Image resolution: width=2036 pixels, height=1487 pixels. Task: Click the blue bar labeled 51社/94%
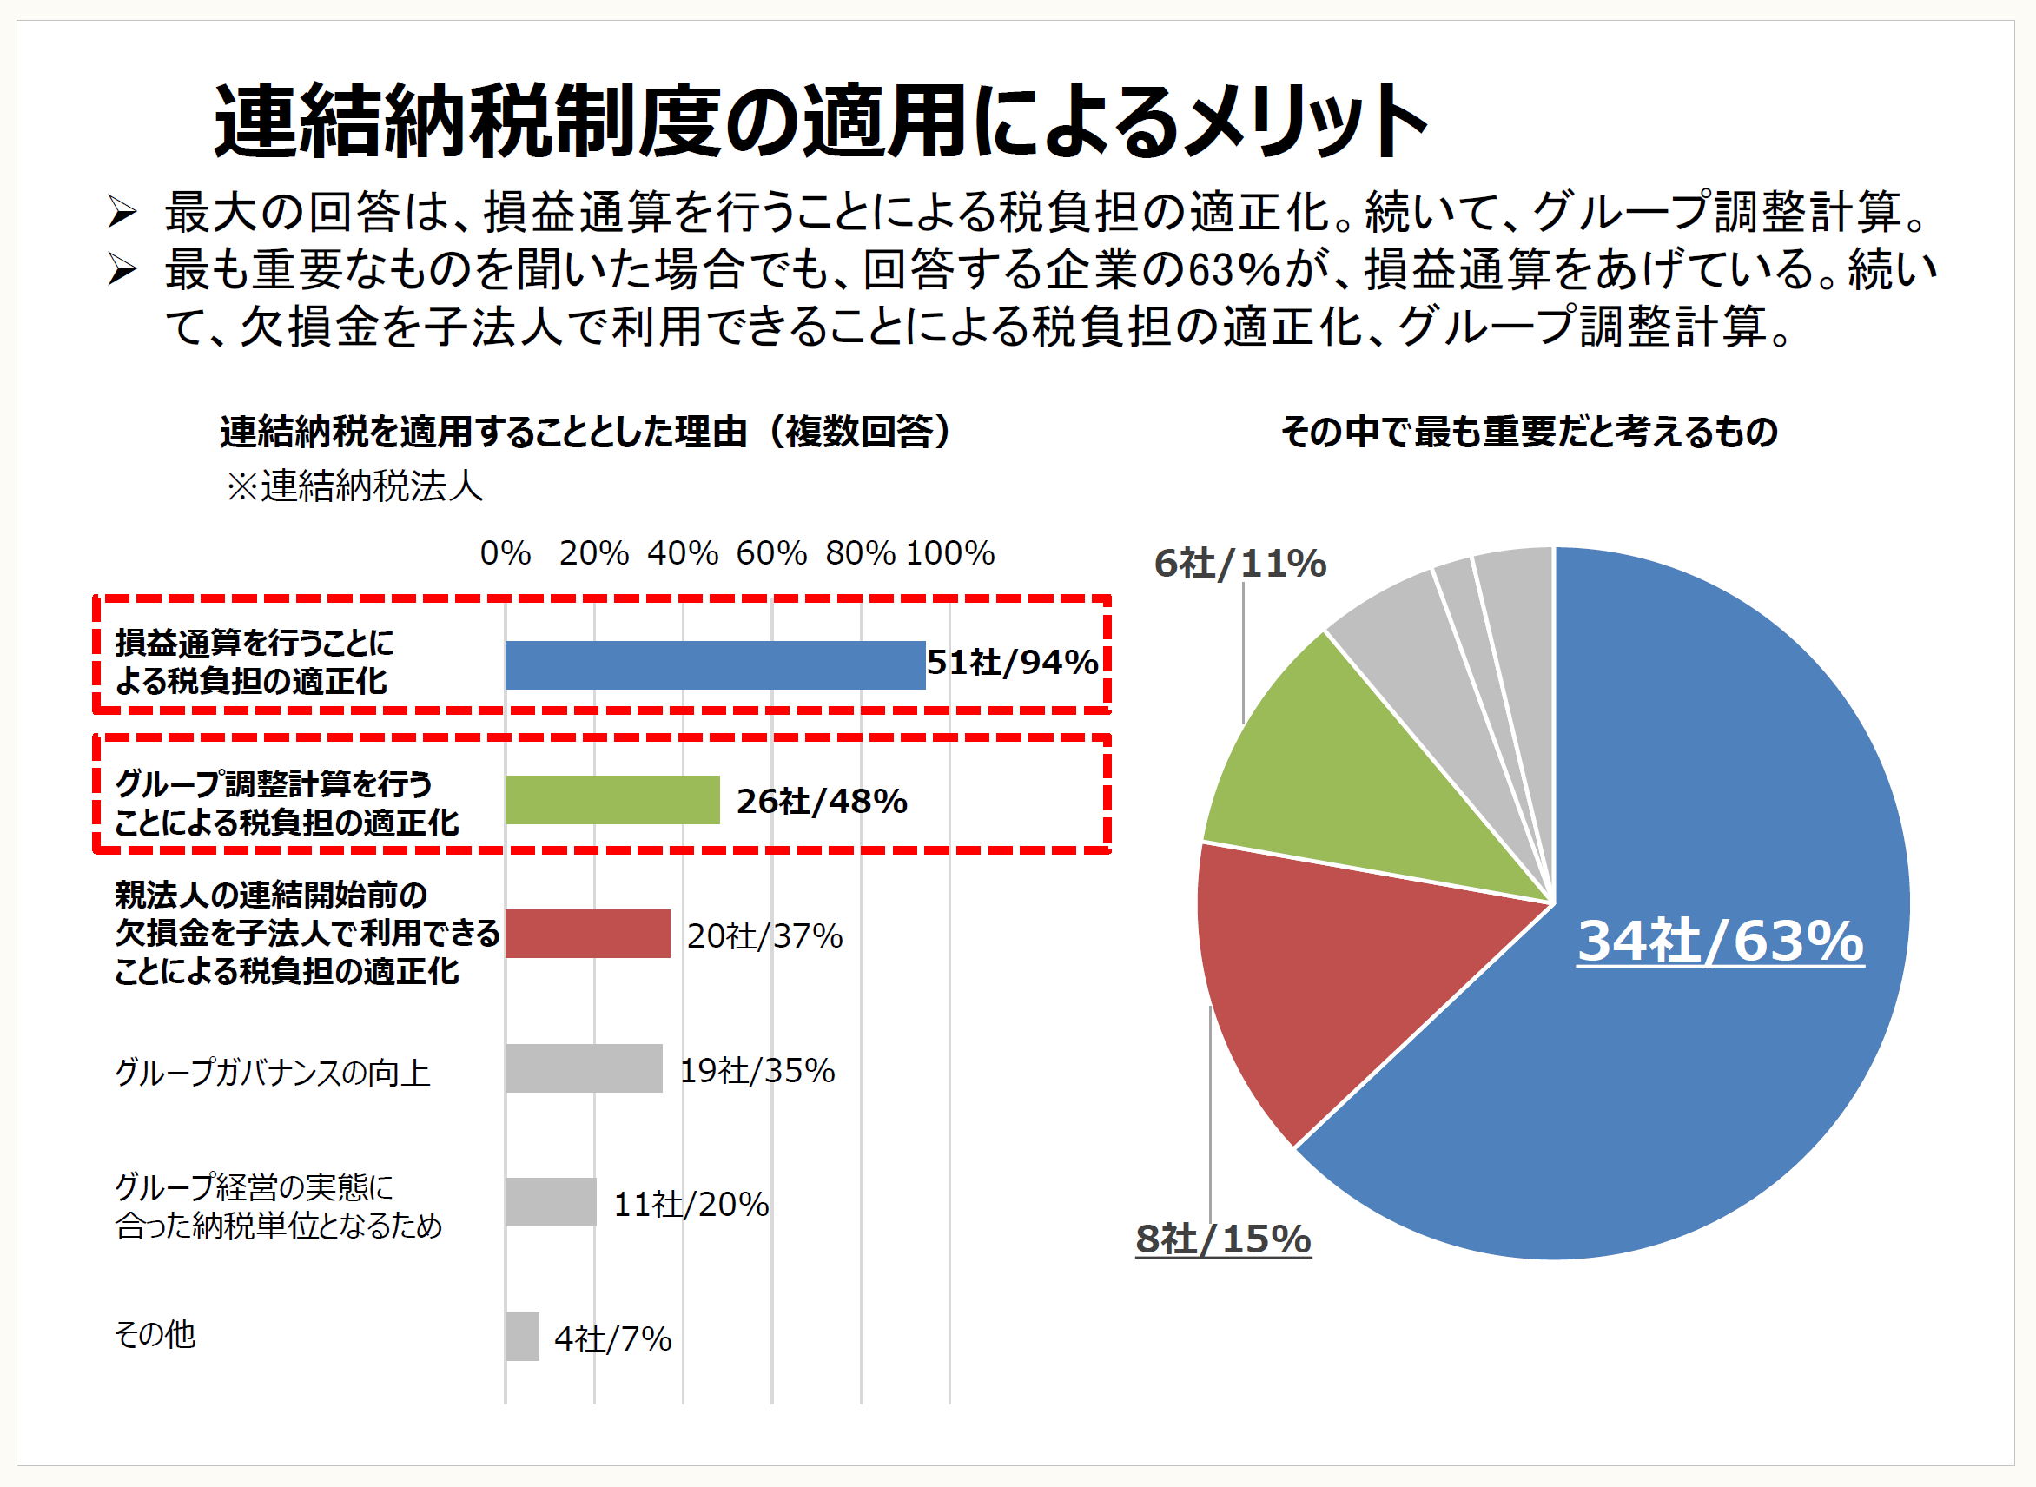coord(715,665)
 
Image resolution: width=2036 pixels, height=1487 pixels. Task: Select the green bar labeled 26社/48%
coord(612,799)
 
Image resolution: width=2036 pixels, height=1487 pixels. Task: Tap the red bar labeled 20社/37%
coord(587,934)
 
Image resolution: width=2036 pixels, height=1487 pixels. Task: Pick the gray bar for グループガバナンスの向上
coord(583,1068)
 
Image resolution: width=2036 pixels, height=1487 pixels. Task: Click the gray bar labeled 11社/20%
coord(550,1201)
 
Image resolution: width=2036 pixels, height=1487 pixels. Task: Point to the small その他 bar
coord(522,1337)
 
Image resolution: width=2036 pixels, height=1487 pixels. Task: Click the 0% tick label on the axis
coord(505,552)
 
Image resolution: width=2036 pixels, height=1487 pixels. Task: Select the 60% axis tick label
coord(771,552)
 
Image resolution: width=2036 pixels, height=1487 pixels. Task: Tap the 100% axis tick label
coord(949,552)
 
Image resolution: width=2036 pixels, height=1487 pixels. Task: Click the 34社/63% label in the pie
coord(1720,942)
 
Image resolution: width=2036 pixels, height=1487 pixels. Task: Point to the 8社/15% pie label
coord(1222,1239)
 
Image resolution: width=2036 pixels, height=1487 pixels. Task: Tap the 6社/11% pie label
coord(1239,564)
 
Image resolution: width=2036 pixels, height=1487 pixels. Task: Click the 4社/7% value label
coord(612,1338)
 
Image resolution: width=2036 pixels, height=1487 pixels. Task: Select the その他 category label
coord(155,1334)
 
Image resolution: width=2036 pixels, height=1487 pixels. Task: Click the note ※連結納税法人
coord(354,486)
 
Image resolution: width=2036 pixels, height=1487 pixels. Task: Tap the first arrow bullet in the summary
coord(122,213)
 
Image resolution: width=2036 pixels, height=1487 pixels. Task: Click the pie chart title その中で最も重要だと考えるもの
coord(1529,432)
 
